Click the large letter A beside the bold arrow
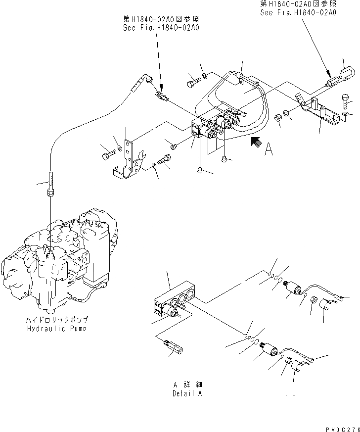coord(269,149)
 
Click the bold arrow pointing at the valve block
coord(256,143)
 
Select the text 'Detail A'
coord(188,394)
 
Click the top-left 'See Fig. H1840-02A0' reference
coord(161,28)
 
